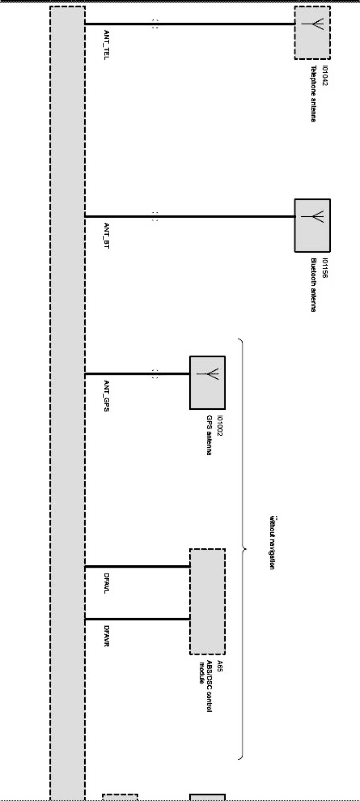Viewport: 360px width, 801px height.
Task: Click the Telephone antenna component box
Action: pyautogui.click(x=312, y=33)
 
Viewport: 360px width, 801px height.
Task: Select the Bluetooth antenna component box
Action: pyautogui.click(x=312, y=225)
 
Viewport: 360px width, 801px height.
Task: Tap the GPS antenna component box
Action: pyautogui.click(x=207, y=382)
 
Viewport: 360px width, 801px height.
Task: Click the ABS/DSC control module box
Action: pyautogui.click(x=207, y=601)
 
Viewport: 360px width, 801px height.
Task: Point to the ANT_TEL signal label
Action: pyautogui.click(x=106, y=45)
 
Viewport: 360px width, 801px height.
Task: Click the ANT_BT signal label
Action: pyautogui.click(x=106, y=236)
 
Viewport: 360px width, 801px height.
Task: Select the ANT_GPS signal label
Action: pyautogui.click(x=106, y=396)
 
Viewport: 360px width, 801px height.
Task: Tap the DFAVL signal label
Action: pyautogui.click(x=106, y=583)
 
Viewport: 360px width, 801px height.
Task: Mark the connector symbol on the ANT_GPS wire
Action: pyautogui.click(x=155, y=374)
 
